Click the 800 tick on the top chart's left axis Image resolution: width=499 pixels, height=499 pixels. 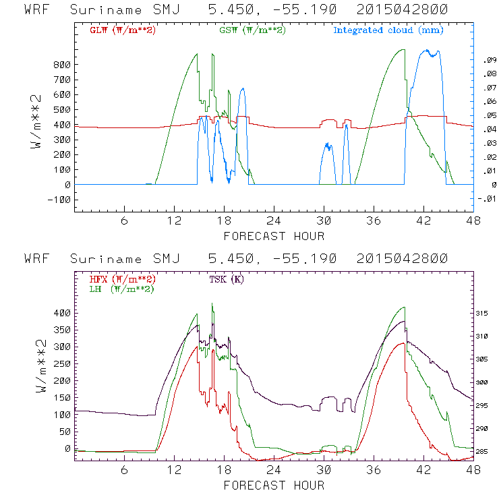pyautogui.click(x=62, y=65)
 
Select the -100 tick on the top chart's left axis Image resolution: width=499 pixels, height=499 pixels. pyautogui.click(x=59, y=200)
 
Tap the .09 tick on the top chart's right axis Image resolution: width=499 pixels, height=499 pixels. pyautogui.click(x=488, y=61)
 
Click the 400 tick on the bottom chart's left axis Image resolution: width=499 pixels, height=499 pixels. pyautogui.click(x=62, y=313)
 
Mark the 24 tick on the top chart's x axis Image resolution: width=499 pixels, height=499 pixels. pyautogui.click(x=273, y=221)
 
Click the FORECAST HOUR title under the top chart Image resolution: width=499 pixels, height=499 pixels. pyautogui.click(x=273, y=236)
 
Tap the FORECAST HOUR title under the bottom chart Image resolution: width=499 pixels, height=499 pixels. pyautogui.click(x=273, y=486)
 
